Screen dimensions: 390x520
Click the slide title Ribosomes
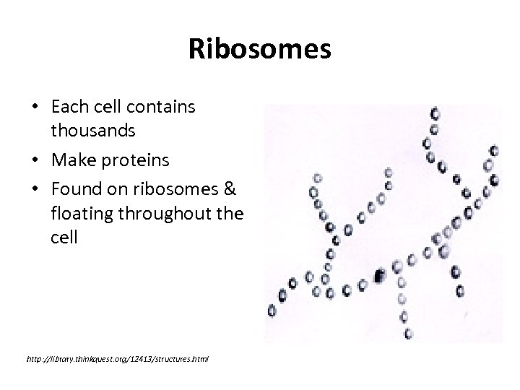coord(259,50)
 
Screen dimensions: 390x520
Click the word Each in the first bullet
coord(70,108)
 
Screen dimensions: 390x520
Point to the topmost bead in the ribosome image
coord(435,113)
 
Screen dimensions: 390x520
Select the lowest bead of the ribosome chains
coord(407,334)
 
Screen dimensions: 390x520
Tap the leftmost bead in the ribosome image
coord(272,311)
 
